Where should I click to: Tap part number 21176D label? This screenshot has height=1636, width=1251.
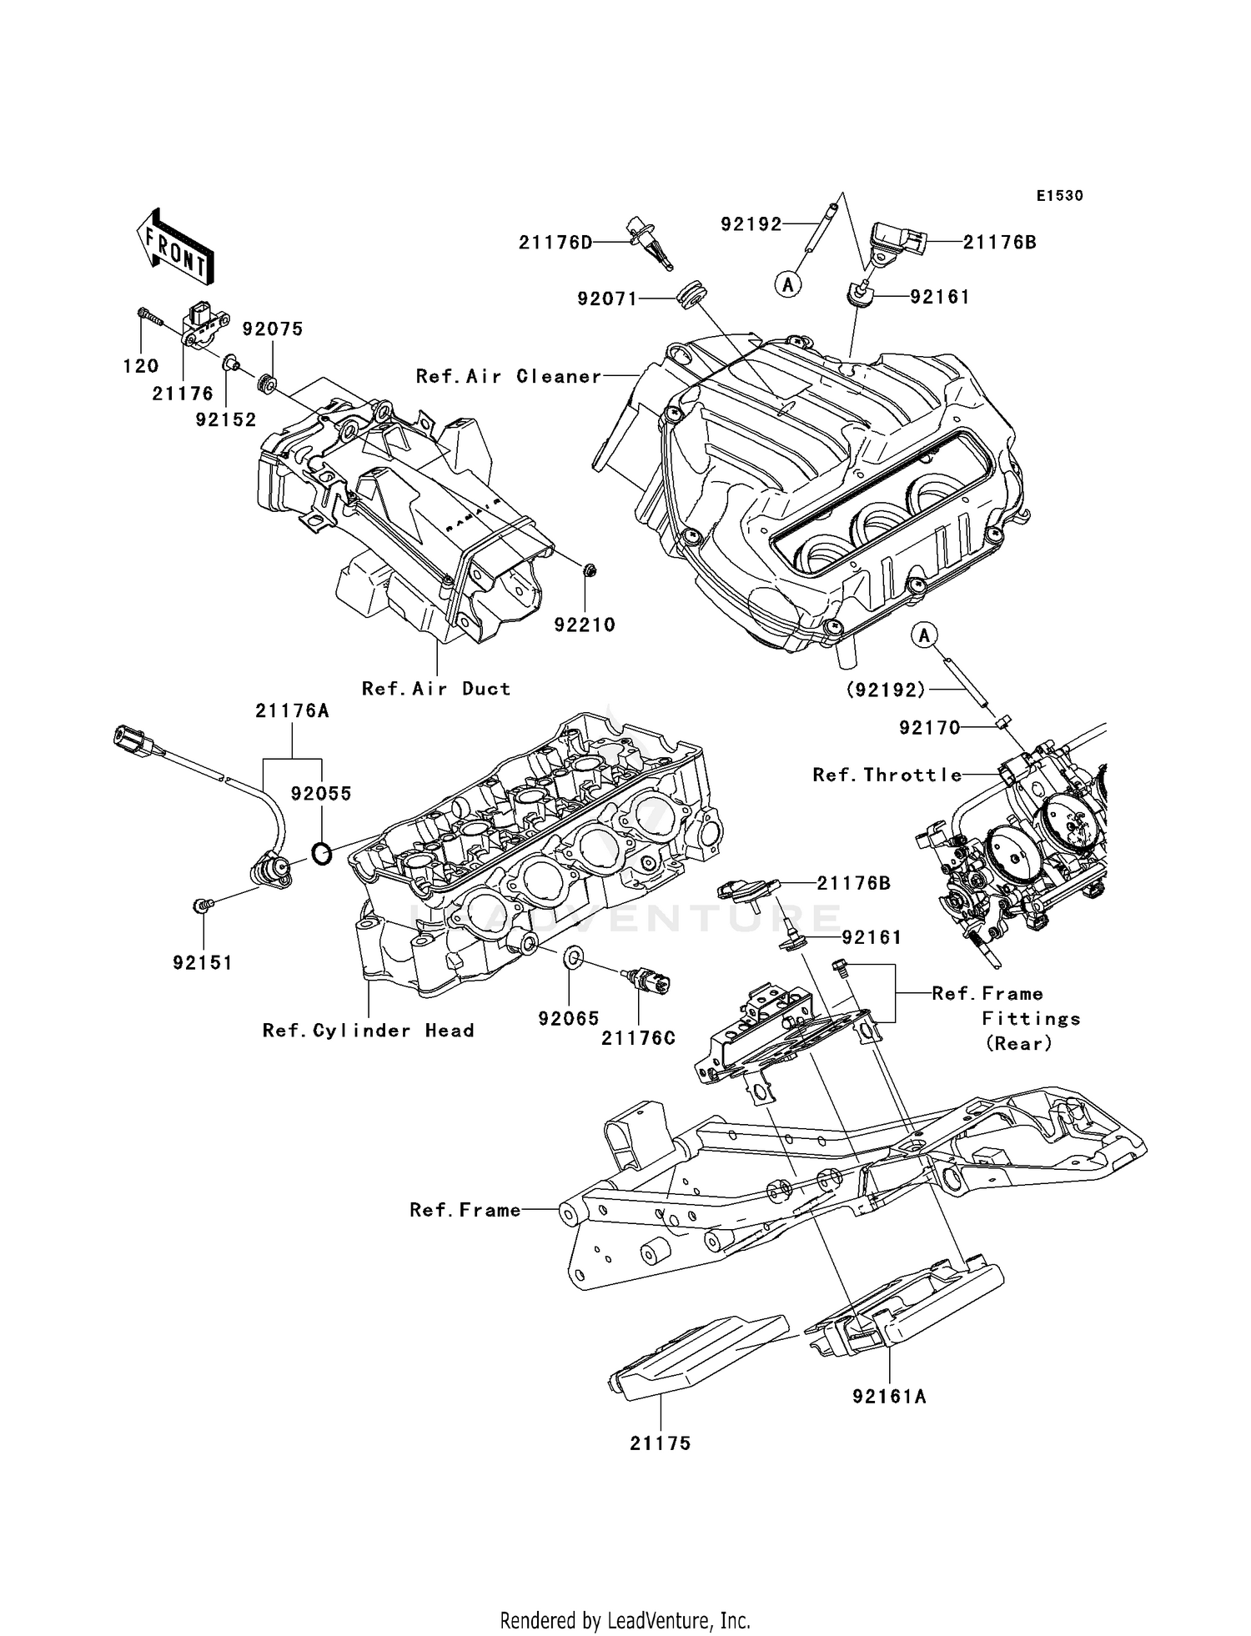[x=555, y=243]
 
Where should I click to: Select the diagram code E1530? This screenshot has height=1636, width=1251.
[x=1059, y=196]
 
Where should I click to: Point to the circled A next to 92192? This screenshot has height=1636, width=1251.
[x=787, y=285]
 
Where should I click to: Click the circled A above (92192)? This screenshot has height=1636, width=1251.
[x=924, y=636]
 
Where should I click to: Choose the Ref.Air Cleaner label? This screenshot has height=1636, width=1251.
[x=508, y=377]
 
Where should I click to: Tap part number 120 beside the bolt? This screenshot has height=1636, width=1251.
[x=141, y=366]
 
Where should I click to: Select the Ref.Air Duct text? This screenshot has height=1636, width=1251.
[x=435, y=689]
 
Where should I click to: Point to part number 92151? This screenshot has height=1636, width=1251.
[x=203, y=962]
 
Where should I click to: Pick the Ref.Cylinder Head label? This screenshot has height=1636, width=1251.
[x=368, y=1031]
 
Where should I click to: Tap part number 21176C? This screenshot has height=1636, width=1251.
[x=639, y=1038]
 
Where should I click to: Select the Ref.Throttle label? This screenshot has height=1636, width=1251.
[x=887, y=775]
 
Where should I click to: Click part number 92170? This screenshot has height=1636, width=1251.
[x=930, y=728]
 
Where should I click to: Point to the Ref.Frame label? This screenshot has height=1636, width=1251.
[x=465, y=1210]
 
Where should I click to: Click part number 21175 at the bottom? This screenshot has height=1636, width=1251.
[x=661, y=1443]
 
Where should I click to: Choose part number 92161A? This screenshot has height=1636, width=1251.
[x=889, y=1397]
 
